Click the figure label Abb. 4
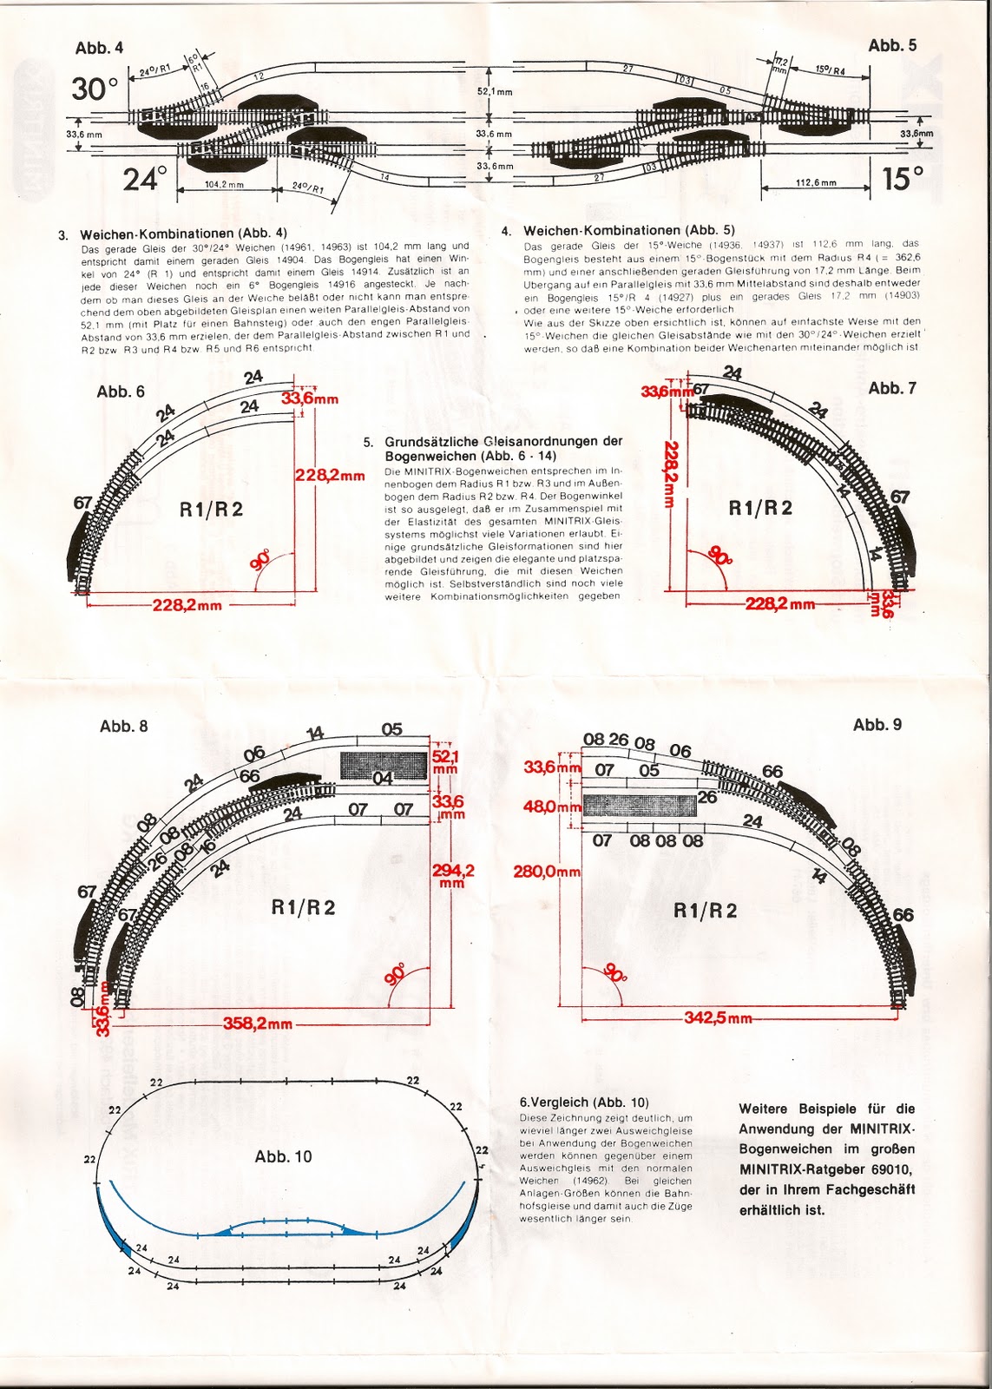tap(99, 49)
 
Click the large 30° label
tap(95, 89)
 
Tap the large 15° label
tap(901, 179)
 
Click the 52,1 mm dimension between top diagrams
tap(495, 90)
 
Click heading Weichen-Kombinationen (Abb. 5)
tap(628, 230)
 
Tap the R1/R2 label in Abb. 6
tap(211, 510)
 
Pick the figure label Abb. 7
tap(891, 388)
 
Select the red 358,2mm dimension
tap(258, 1024)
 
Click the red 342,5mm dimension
tap(718, 1017)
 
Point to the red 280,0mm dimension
tap(547, 871)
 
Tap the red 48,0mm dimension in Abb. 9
tap(552, 806)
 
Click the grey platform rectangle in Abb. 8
tap(384, 765)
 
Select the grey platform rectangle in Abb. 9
tap(640, 805)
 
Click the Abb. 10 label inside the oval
tap(283, 1156)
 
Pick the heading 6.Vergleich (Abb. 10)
tap(583, 1102)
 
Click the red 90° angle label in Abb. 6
tap(260, 559)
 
